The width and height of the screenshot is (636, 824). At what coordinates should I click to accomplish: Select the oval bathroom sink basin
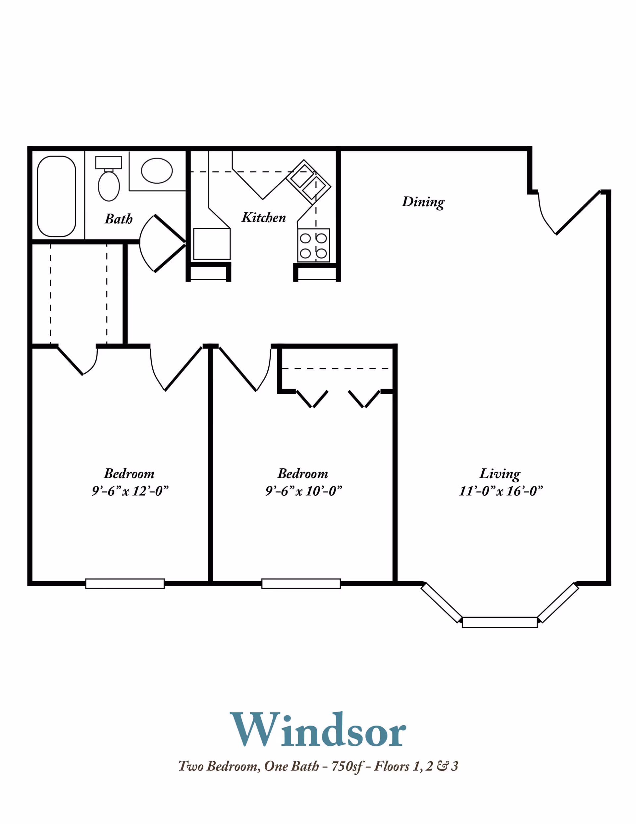[x=157, y=170]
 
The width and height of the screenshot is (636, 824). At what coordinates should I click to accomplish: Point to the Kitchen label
[x=264, y=218]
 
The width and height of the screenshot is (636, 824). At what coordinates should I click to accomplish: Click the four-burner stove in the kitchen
[x=313, y=245]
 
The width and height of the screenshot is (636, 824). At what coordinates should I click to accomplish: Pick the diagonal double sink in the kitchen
[x=308, y=182]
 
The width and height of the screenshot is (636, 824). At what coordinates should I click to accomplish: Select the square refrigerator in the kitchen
[x=212, y=244]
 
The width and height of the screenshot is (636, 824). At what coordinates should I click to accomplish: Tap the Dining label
[x=423, y=202]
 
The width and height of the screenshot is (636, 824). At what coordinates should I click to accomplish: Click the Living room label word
[x=500, y=474]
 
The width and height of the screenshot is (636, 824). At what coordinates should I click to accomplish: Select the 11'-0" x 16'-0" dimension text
[x=501, y=491]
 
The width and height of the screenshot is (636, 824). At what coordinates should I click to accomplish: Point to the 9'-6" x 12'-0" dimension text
[x=130, y=491]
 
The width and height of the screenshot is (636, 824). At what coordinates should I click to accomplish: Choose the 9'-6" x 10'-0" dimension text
[x=303, y=491]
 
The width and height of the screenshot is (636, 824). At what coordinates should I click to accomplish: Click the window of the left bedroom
[x=125, y=583]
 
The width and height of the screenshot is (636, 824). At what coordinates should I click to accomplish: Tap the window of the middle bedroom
[x=301, y=583]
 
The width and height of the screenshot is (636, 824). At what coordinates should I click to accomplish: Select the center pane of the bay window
[x=500, y=622]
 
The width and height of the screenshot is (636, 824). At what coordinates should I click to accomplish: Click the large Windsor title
[x=318, y=730]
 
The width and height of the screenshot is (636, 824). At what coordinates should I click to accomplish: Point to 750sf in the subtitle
[x=347, y=766]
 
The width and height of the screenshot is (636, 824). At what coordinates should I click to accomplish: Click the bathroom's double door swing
[x=162, y=243]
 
